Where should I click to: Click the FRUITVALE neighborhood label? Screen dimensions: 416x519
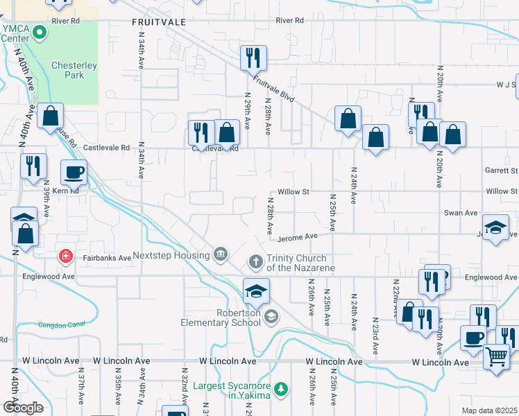pyautogui.click(x=159, y=22)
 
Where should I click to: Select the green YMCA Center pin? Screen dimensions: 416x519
pyautogui.click(x=40, y=31)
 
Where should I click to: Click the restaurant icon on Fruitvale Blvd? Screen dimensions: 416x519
pyautogui.click(x=253, y=58)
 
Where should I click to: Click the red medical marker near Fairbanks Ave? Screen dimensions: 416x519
pyautogui.click(x=66, y=257)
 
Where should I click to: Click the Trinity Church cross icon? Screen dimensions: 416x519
pyautogui.click(x=255, y=262)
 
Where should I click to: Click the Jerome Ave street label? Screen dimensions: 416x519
pyautogui.click(x=297, y=238)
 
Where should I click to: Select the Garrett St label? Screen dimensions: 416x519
pyautogui.click(x=502, y=170)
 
